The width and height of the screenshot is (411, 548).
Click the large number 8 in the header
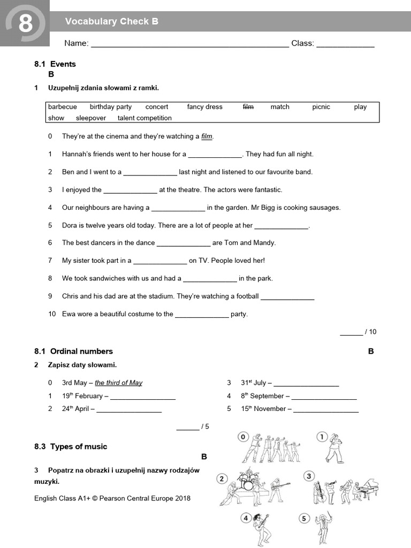click(x=25, y=24)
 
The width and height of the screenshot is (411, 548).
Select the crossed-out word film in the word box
click(x=248, y=107)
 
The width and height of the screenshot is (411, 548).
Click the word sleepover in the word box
click(x=91, y=118)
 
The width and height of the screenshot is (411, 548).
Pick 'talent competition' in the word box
click(x=144, y=118)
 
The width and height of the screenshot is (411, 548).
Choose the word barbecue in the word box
click(x=63, y=107)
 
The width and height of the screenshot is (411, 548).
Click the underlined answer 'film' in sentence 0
click(x=207, y=136)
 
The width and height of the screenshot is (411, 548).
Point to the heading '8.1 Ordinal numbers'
click(x=73, y=352)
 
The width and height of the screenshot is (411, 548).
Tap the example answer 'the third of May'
click(x=118, y=383)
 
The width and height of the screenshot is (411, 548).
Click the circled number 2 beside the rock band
click(x=222, y=478)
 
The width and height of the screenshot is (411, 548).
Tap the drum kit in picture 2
click(x=247, y=482)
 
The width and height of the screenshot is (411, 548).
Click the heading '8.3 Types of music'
click(x=71, y=446)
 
